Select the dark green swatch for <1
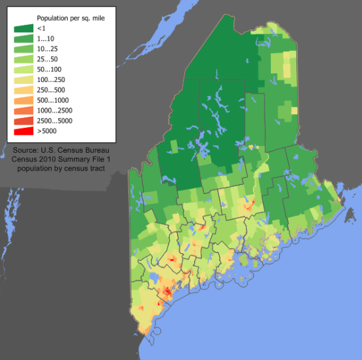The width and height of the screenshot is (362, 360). pyautogui.click(x=24, y=29)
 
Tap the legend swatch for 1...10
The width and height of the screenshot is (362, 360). pyautogui.click(x=24, y=39)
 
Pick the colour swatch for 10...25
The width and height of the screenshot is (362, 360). pyautogui.click(x=24, y=49)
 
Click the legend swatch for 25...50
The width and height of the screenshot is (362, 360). pyautogui.click(x=24, y=60)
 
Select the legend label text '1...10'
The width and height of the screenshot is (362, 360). pyautogui.click(x=47, y=39)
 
